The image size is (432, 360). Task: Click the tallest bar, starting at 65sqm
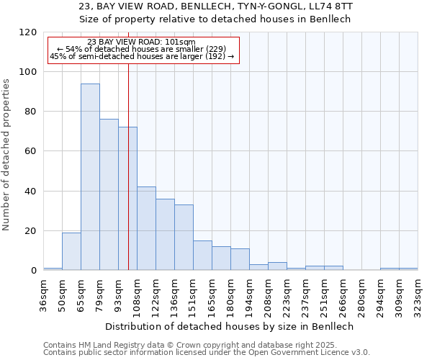point(90,177)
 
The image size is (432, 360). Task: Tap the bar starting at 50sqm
point(71,251)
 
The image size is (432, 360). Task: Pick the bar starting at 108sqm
point(146,228)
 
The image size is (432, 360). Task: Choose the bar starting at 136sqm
point(184,238)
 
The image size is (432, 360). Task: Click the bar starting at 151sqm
point(202,256)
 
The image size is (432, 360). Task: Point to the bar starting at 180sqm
point(240,259)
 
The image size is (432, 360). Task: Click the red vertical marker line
point(128,158)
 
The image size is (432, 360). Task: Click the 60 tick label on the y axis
point(30,151)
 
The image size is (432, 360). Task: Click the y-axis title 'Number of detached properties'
point(6,155)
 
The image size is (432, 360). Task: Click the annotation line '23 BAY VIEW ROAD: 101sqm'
point(140,42)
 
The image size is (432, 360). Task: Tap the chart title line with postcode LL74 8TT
point(216,6)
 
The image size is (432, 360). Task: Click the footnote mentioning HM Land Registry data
point(206,345)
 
